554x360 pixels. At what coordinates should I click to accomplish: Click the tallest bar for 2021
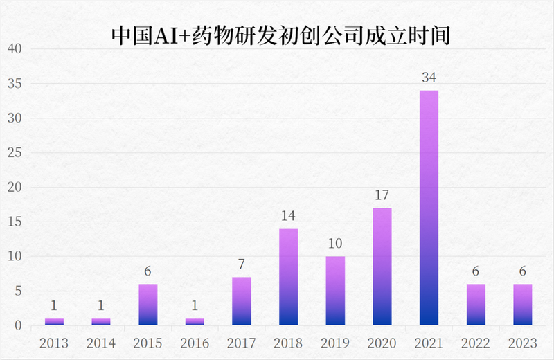(x=429, y=208)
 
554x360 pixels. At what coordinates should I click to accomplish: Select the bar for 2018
(x=288, y=277)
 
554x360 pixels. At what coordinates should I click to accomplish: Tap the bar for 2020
(x=382, y=267)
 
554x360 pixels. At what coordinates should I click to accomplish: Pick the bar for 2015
(x=148, y=305)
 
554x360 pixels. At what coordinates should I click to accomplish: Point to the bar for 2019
(x=335, y=291)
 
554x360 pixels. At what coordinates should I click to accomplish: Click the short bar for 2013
(x=54, y=322)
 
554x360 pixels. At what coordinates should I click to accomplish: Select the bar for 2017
(x=242, y=301)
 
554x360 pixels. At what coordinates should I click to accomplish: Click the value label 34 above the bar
(x=429, y=77)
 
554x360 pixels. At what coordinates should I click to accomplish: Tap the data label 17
(x=382, y=195)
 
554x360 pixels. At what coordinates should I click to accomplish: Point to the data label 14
(x=288, y=216)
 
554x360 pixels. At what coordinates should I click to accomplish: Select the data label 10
(x=335, y=244)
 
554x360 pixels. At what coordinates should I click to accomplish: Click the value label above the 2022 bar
(x=475, y=271)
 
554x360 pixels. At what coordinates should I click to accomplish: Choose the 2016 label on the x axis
(x=195, y=342)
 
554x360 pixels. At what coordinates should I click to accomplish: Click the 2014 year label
(x=101, y=342)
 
